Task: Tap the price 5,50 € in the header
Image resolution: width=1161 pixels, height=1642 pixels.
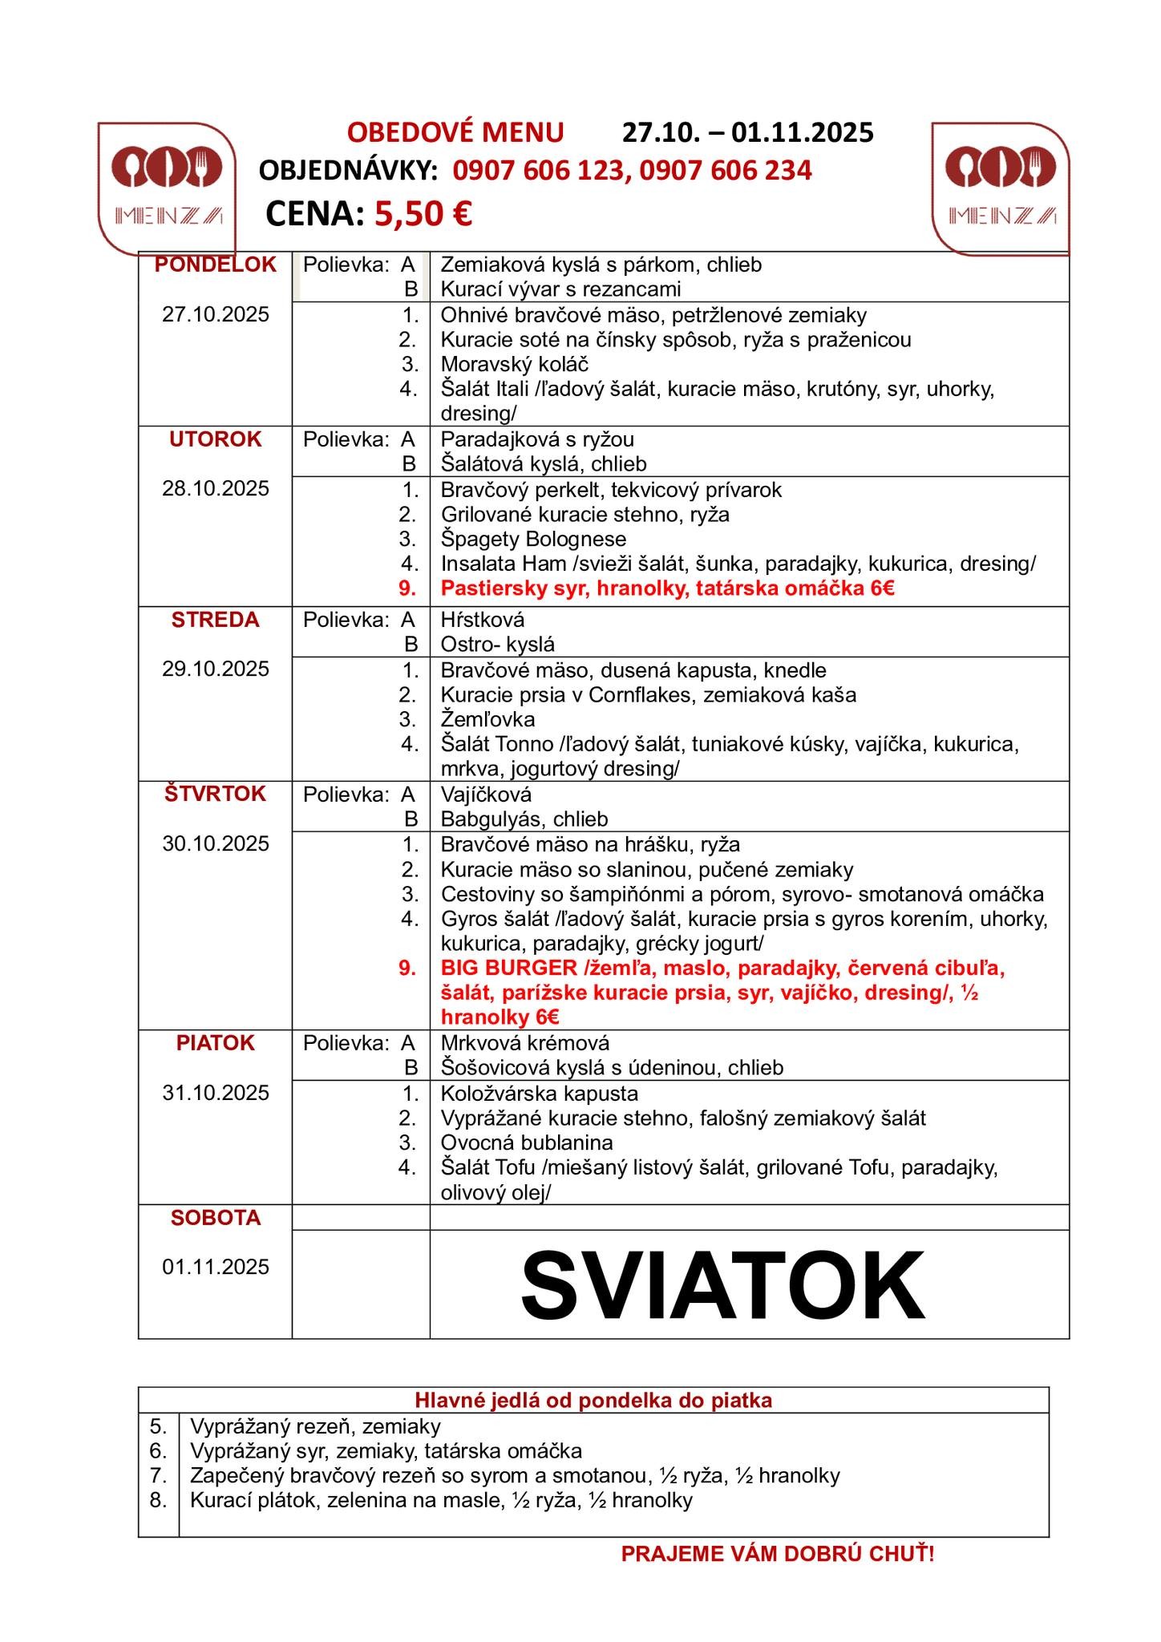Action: pos(423,213)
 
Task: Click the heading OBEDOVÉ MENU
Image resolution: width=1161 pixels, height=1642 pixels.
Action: pos(455,132)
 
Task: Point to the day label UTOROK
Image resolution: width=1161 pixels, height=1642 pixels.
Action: pos(215,439)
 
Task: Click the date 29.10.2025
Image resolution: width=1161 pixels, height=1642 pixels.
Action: pos(215,669)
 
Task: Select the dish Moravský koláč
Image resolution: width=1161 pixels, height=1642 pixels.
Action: pos(514,364)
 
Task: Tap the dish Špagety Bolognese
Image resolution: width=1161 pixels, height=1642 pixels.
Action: pos(533,539)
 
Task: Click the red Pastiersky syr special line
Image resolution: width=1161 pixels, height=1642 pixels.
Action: pos(667,588)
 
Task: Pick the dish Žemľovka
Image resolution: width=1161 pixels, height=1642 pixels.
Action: pos(487,719)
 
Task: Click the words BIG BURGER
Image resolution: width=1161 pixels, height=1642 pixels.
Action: pos(508,968)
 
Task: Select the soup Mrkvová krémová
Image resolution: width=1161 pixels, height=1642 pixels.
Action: pos(525,1043)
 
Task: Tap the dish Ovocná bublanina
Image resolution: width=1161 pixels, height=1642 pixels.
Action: pos(527,1143)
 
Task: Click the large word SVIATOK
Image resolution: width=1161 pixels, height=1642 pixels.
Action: pos(722,1284)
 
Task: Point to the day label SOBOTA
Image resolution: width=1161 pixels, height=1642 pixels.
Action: pos(215,1218)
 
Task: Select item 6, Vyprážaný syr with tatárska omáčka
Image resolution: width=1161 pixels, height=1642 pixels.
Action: pos(386,1450)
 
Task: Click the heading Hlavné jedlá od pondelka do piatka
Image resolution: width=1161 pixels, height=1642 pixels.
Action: pos(593,1401)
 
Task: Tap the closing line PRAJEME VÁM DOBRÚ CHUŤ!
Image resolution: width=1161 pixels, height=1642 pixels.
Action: pos(777,1555)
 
